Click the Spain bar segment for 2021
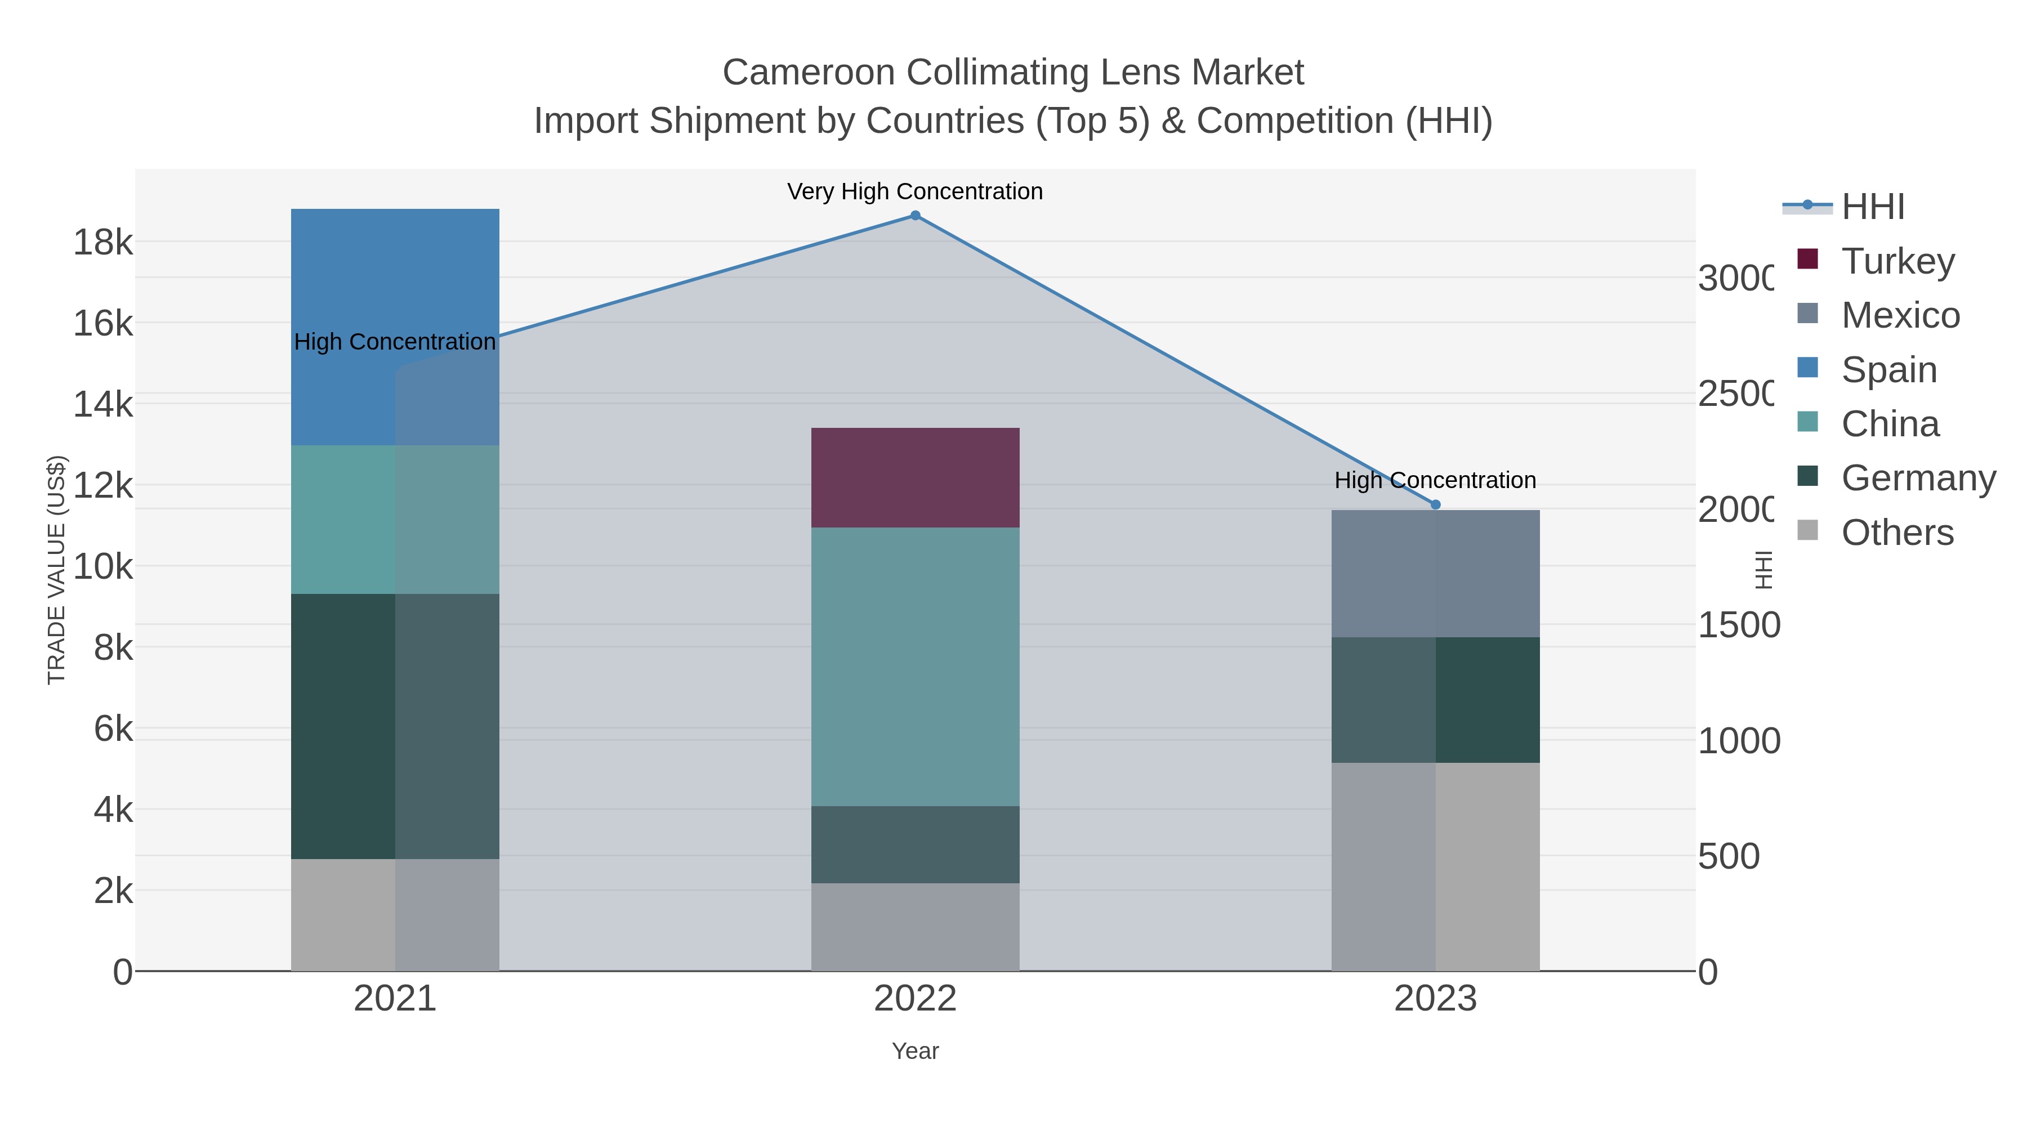point(395,327)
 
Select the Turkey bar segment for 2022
point(915,477)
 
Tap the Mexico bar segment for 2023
point(1435,574)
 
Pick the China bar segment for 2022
point(915,667)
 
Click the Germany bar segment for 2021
point(395,726)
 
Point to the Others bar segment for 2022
point(915,927)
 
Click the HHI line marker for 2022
point(915,216)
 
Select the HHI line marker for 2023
point(1435,504)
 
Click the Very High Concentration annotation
point(915,191)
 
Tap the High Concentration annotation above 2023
point(1435,480)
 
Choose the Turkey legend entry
point(1898,261)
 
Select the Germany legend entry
point(1918,477)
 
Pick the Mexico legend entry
point(1900,315)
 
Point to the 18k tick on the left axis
point(103,242)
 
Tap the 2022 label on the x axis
point(915,998)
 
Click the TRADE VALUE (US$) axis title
point(57,570)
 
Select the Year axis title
point(915,1051)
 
